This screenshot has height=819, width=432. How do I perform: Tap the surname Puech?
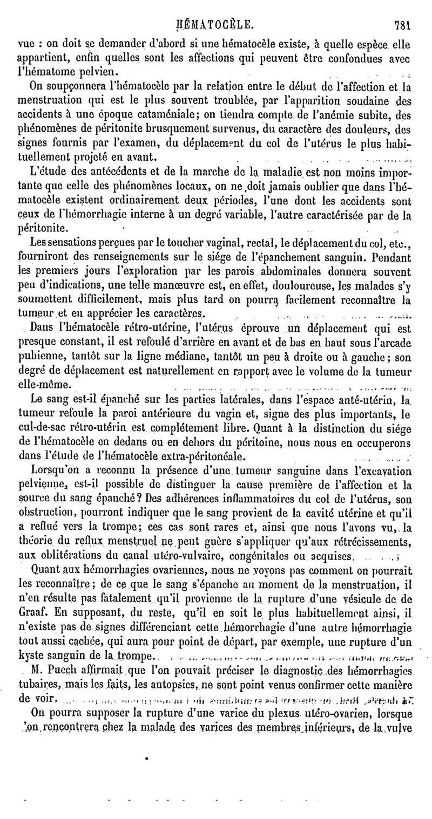pyautogui.click(x=76, y=669)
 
